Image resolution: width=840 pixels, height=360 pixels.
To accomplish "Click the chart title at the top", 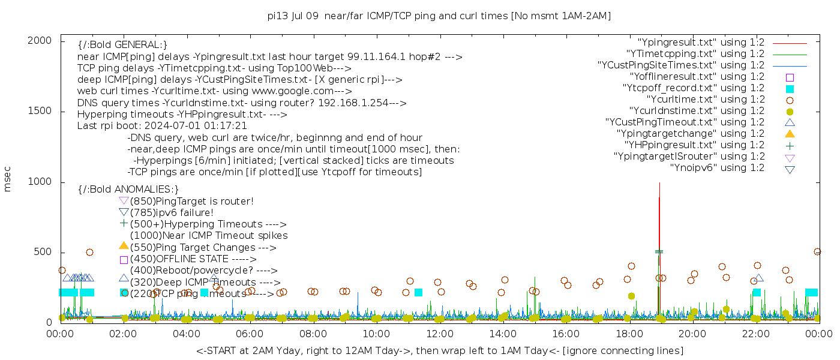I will tap(439, 16).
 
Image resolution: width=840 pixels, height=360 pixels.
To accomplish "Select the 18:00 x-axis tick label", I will tap(629, 334).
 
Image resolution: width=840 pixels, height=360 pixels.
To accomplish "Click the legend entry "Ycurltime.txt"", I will tap(706, 100).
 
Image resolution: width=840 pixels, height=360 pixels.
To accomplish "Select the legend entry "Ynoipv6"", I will tap(717, 168).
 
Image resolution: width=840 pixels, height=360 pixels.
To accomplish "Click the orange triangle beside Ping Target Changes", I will tap(124, 245).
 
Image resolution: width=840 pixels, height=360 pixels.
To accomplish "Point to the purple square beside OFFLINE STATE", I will tap(124, 260).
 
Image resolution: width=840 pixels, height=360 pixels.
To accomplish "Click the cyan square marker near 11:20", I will tap(418, 292).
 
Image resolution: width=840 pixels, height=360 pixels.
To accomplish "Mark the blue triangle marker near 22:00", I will tap(759, 278).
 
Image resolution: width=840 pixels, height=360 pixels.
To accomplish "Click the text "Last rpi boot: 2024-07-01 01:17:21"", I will tap(162, 126).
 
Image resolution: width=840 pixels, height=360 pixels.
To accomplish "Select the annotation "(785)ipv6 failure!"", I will tap(172, 213).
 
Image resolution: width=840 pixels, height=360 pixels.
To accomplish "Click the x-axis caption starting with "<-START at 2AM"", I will tap(439, 350).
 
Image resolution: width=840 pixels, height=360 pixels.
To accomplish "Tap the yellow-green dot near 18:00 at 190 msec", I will tap(631, 296).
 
